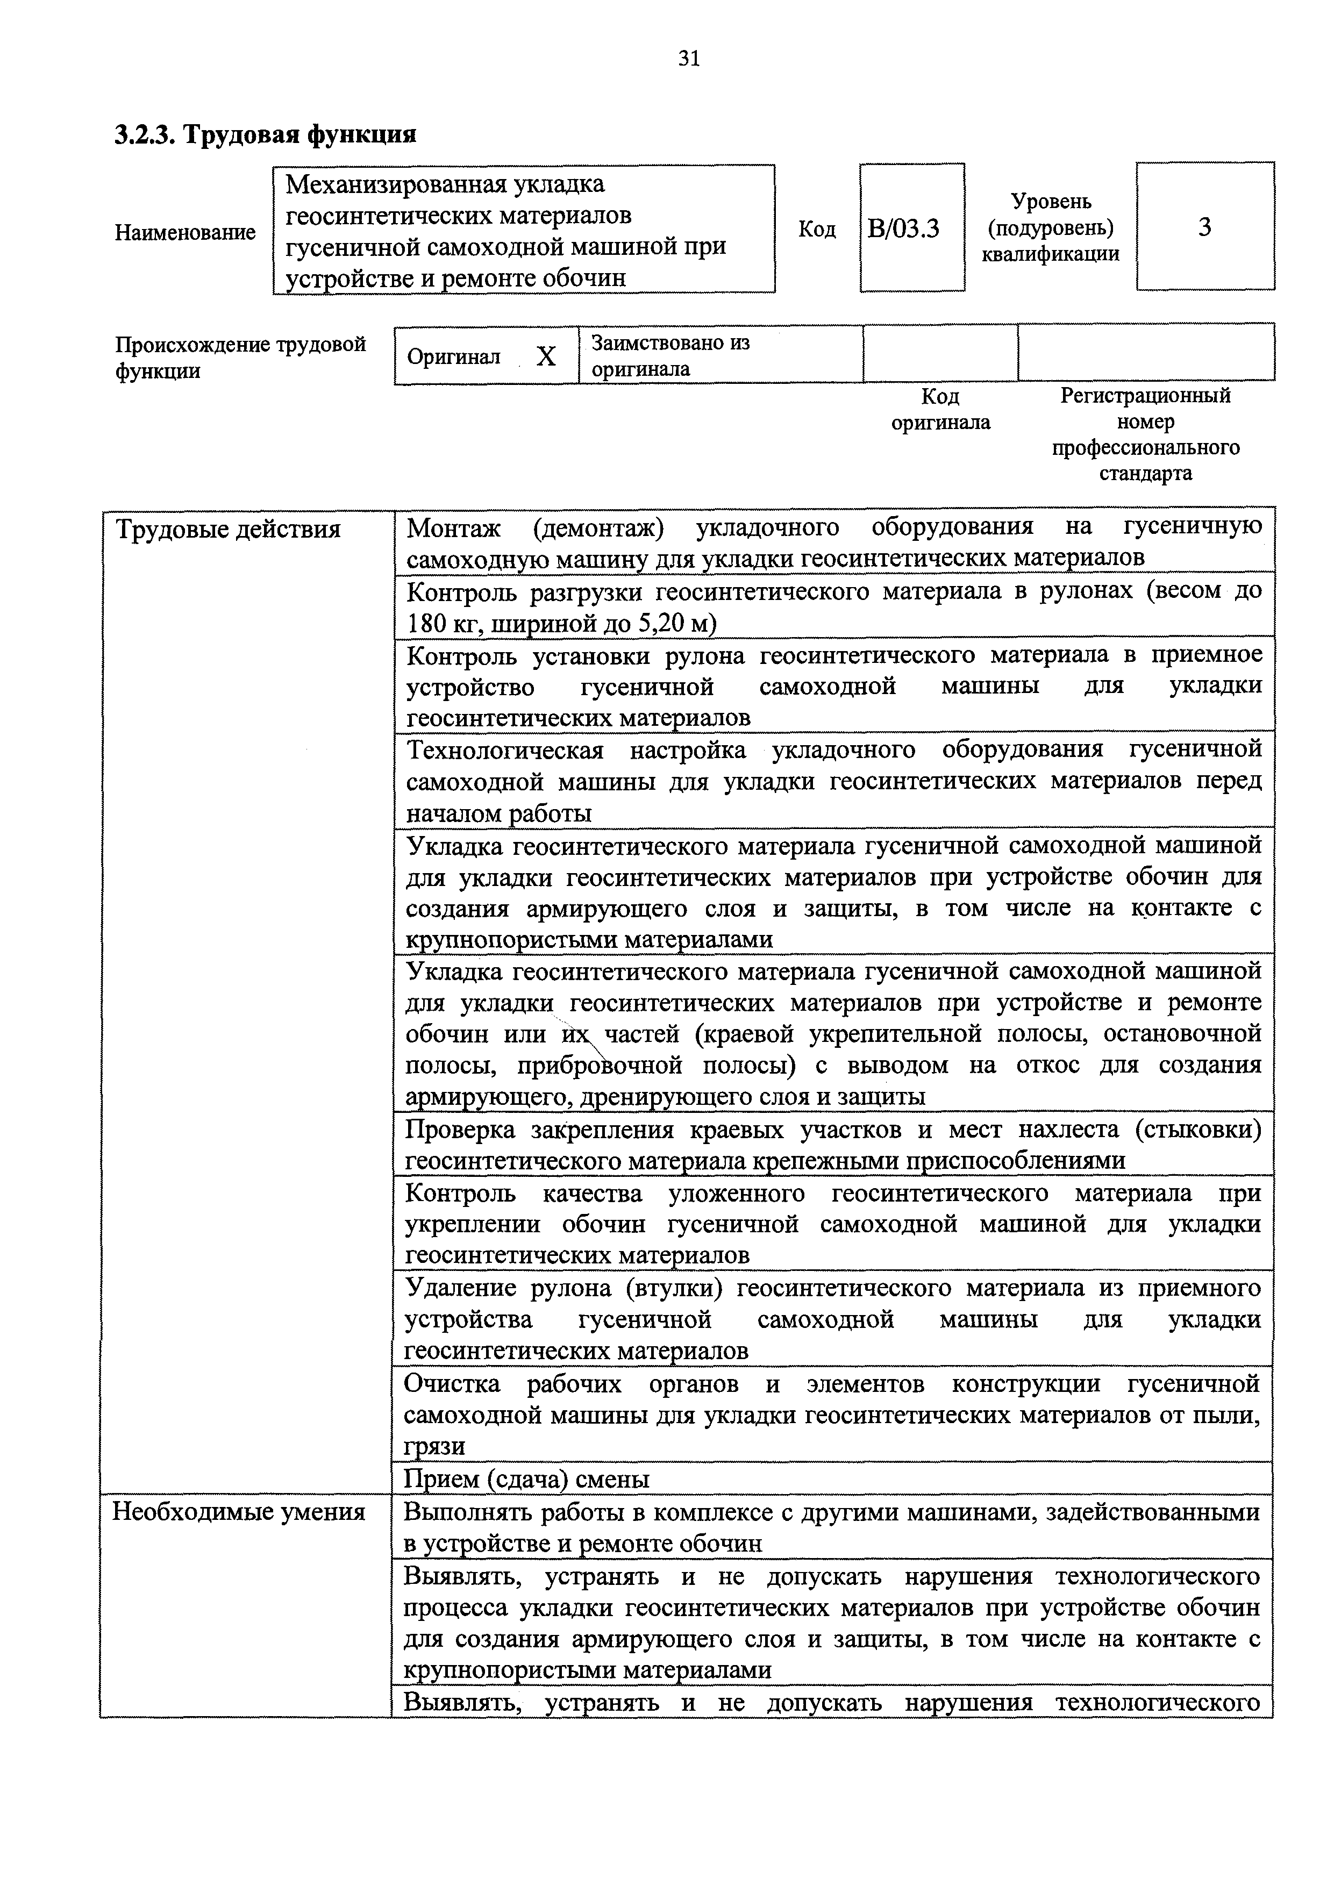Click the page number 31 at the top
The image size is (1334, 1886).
coord(688,58)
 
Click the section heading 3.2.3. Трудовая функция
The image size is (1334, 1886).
coord(265,134)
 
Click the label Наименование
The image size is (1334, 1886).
coord(186,232)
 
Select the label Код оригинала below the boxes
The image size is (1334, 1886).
coord(940,409)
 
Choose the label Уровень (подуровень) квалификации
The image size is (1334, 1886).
coord(1051,227)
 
